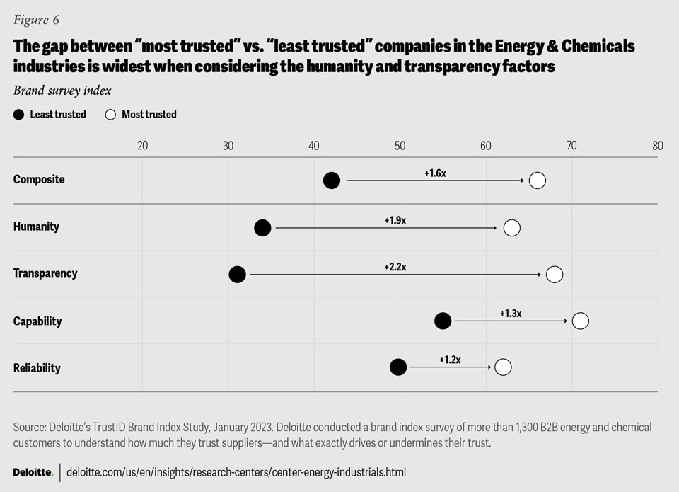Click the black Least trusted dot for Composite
332,181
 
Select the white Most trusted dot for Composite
538,181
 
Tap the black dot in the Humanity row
262,228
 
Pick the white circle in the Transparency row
555,275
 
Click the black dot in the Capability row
443,321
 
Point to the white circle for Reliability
503,367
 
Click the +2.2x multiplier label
395,267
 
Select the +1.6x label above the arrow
435,173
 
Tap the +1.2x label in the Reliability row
450,360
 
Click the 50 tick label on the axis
400,146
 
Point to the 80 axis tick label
658,146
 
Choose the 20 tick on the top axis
142,146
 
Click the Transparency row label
45,273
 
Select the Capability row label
37,321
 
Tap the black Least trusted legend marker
18,115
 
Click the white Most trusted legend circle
110,115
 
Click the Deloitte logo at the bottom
33,471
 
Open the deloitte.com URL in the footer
236,471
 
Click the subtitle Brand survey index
62,91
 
